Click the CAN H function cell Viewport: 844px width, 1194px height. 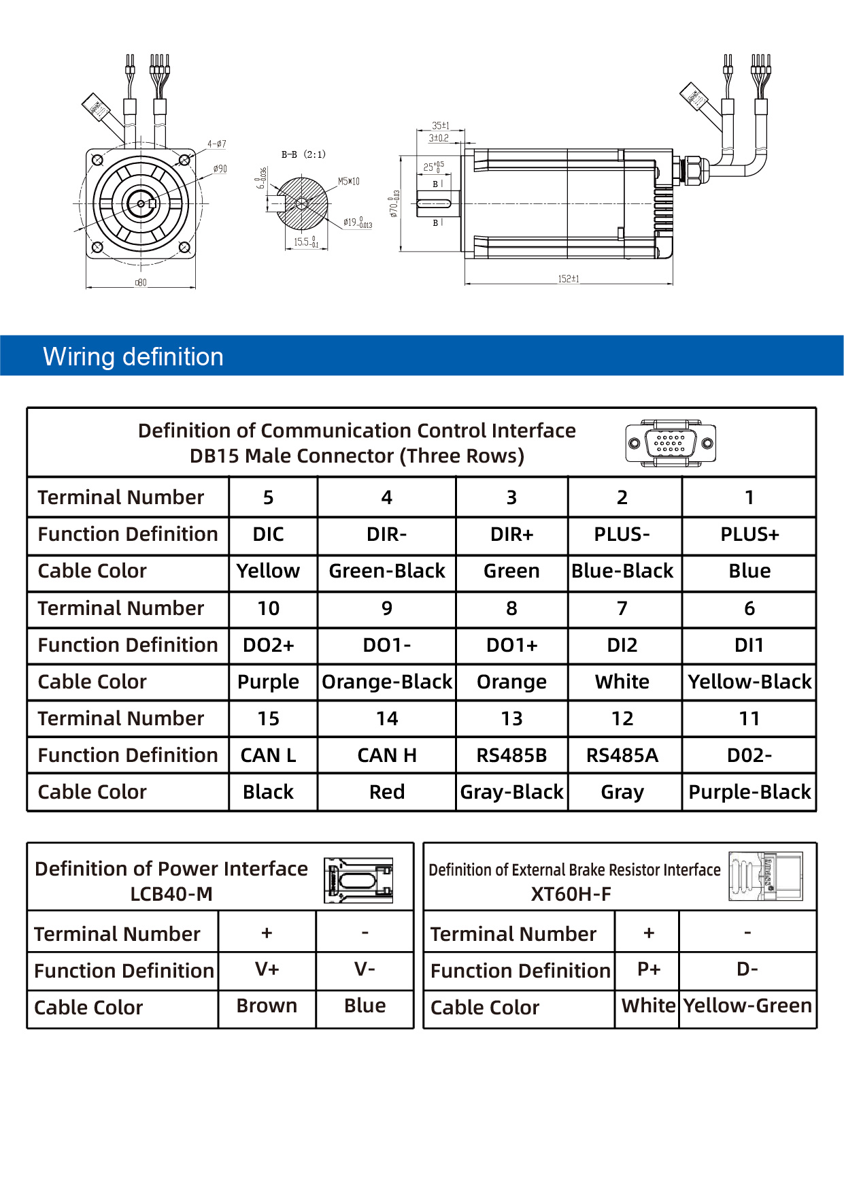click(x=386, y=755)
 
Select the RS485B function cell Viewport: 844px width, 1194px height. click(x=511, y=755)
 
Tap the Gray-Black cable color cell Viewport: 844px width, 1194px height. click(x=511, y=792)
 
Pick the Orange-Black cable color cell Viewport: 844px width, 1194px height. click(x=386, y=682)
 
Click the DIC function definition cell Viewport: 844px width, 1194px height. click(x=269, y=535)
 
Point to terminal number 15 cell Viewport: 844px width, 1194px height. click(x=269, y=718)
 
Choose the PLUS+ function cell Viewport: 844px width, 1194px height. click(x=749, y=535)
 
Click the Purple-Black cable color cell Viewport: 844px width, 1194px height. click(x=749, y=792)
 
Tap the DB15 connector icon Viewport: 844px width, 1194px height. click(x=670, y=444)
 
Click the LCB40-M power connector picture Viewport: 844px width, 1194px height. click(x=358, y=880)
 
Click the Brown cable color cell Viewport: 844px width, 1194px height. click(x=267, y=1006)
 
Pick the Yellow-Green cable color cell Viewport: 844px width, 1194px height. click(x=747, y=1006)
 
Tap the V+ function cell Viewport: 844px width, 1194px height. click(x=267, y=969)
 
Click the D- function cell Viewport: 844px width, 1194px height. click(x=747, y=969)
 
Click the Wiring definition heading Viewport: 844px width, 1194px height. click(x=133, y=356)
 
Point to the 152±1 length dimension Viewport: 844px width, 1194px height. click(x=569, y=279)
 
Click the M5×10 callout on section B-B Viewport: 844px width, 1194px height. click(x=349, y=182)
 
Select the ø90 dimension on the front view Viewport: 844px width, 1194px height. click(x=220, y=169)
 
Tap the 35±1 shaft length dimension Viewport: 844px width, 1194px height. click(x=441, y=126)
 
